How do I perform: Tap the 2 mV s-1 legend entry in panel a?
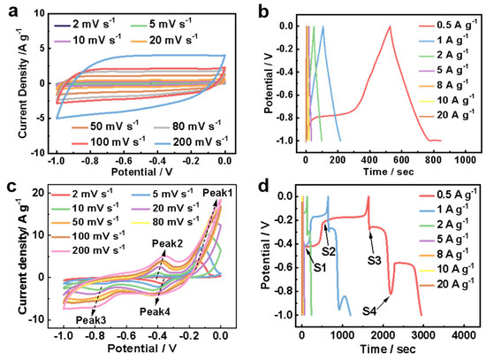[85, 24]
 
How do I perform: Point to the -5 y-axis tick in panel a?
[39, 119]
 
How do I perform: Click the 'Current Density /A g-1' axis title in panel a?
[23, 83]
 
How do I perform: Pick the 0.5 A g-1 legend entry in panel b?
[448, 25]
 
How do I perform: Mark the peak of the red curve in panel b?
[390, 27]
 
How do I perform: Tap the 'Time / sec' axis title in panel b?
[389, 172]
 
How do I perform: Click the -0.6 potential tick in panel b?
[286, 96]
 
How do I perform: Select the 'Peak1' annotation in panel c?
[217, 193]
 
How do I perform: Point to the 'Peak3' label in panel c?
[91, 320]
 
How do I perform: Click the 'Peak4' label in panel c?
[155, 311]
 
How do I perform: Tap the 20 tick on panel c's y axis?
[38, 193]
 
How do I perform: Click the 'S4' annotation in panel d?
[369, 310]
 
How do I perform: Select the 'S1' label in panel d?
[320, 267]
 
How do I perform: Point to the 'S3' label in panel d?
[374, 261]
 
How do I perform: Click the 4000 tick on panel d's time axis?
[464, 335]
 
